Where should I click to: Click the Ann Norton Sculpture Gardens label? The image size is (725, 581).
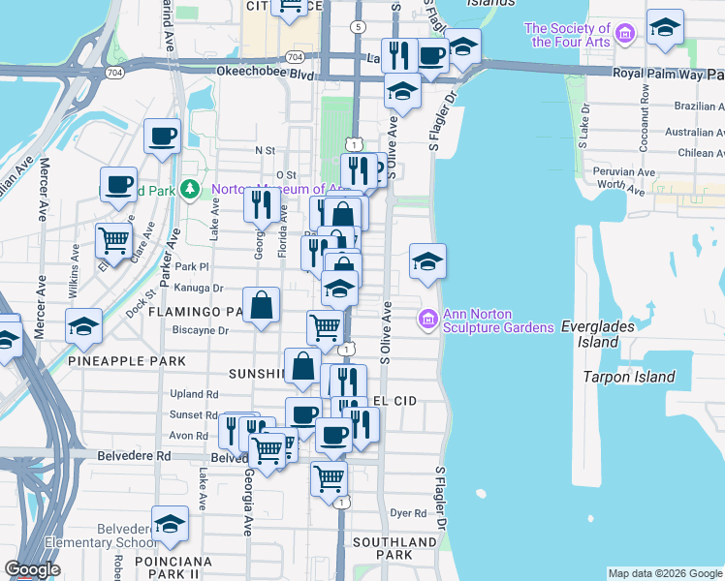click(498, 321)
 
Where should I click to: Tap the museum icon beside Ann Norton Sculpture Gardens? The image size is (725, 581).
click(426, 318)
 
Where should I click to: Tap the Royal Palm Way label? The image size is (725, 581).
click(655, 73)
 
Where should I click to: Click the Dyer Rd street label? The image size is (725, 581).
click(408, 513)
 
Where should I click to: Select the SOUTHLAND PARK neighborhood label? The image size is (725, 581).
click(394, 548)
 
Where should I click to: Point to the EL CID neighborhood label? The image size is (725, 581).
click(394, 400)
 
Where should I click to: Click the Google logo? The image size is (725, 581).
click(32, 569)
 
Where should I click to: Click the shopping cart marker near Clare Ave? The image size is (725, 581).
click(114, 239)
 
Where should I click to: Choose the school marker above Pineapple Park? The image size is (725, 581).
click(84, 325)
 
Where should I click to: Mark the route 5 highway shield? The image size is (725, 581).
click(360, 27)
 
